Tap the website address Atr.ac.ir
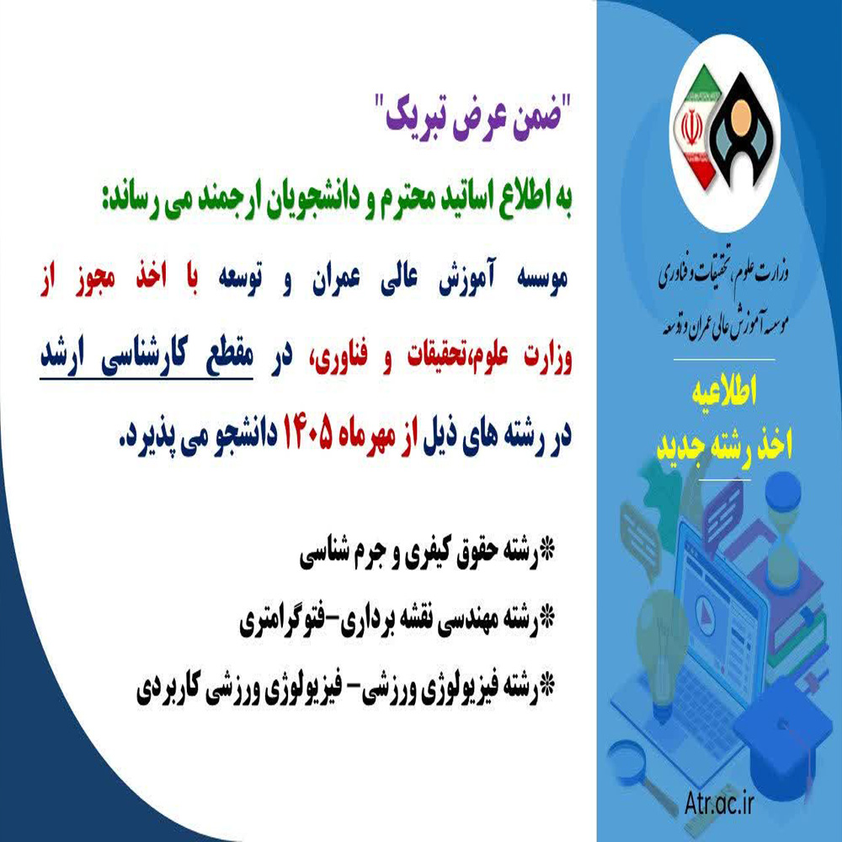(720, 803)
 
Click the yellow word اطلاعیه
(724, 391)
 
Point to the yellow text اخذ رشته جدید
(724, 445)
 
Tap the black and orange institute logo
(741, 131)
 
